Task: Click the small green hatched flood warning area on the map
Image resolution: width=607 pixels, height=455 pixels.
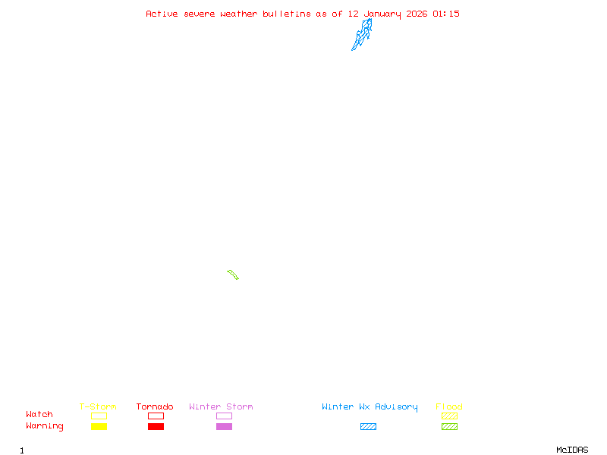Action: [233, 275]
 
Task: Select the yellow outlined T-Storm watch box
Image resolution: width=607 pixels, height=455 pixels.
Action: [99, 416]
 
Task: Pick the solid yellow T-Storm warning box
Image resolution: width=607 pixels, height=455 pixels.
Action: [99, 426]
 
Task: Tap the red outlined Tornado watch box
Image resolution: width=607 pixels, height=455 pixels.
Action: [156, 416]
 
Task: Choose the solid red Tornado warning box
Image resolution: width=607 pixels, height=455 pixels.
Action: [156, 426]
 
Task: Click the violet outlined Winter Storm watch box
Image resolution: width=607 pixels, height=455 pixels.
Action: [224, 416]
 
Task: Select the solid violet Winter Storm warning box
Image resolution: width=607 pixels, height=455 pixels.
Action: [224, 426]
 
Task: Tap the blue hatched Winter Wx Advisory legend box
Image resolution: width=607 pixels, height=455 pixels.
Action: [368, 426]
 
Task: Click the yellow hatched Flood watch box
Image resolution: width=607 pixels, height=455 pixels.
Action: [449, 416]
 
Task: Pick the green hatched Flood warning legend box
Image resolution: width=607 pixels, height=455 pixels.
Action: [449, 426]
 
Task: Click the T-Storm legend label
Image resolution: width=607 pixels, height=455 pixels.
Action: [98, 406]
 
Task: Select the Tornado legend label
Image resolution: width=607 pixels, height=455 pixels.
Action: [155, 406]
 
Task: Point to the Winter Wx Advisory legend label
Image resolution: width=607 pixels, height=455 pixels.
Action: [370, 406]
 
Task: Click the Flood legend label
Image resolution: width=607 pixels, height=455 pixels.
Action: [449, 406]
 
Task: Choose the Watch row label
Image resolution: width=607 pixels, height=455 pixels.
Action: [39, 415]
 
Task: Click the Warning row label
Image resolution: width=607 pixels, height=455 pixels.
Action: [45, 426]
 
